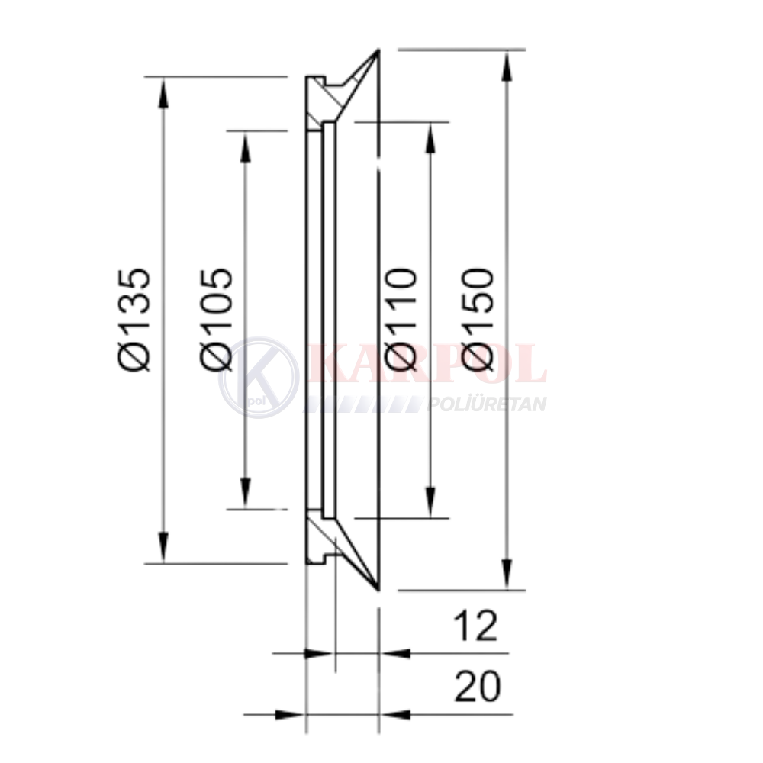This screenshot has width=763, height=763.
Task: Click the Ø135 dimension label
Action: pyautogui.click(x=134, y=319)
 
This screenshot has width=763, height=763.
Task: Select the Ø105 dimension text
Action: pyautogui.click(x=216, y=319)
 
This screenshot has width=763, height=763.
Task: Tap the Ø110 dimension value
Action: pyautogui.click(x=401, y=319)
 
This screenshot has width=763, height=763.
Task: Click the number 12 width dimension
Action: pyautogui.click(x=475, y=626)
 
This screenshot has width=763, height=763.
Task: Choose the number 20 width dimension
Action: pyautogui.click(x=477, y=687)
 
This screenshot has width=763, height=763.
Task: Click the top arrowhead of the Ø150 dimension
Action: pyautogui.click(x=507, y=65)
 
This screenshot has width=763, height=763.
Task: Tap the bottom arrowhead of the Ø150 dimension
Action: pyautogui.click(x=507, y=575)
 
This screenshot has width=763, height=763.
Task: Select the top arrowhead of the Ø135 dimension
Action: pyautogui.click(x=164, y=92)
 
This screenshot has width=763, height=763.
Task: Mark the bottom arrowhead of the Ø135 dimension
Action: pyautogui.click(x=164, y=549)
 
